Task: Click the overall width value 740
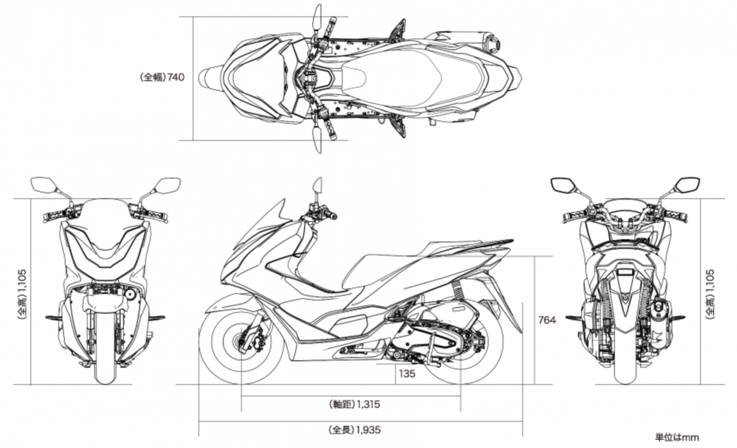pyautogui.click(x=176, y=78)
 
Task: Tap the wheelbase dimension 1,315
pyautogui.click(x=368, y=404)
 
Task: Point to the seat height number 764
pyautogui.click(x=547, y=320)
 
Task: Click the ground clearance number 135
pyautogui.click(x=407, y=374)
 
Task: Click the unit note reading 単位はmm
pyautogui.click(x=677, y=438)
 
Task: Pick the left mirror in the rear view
pyautogui.click(x=562, y=185)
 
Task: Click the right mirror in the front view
pyautogui.click(x=168, y=185)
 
